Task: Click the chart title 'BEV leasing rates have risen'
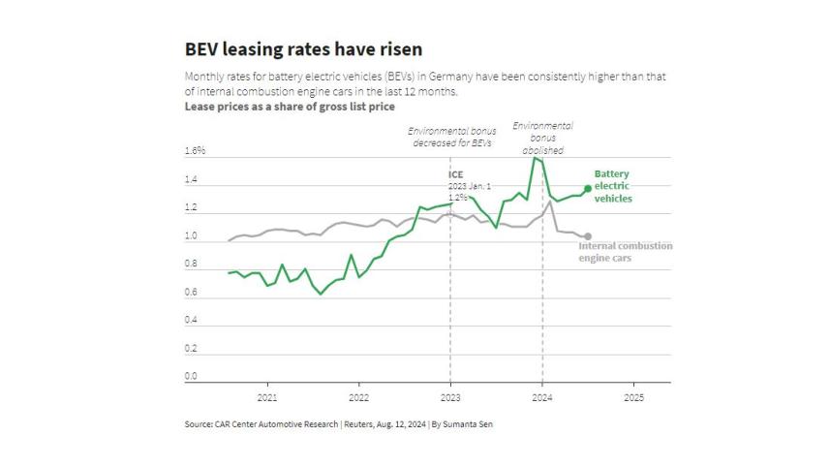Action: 303,48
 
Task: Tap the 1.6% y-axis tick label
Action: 195,151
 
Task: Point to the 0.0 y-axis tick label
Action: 191,376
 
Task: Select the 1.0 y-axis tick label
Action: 191,235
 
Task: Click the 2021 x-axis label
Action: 266,397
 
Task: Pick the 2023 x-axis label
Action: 450,397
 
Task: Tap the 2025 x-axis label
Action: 633,397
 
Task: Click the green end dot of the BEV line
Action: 588,188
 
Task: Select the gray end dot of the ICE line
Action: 588,236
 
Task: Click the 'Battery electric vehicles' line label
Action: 613,186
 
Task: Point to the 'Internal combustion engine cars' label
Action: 626,252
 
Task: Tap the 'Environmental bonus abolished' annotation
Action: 542,138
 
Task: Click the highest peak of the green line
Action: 535,158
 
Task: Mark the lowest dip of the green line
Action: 321,294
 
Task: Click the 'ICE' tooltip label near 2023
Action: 455,174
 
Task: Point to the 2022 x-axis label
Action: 358,397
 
